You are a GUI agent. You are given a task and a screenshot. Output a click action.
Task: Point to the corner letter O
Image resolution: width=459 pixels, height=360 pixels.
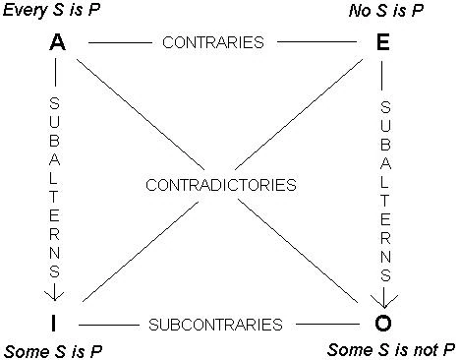pyautogui.click(x=384, y=323)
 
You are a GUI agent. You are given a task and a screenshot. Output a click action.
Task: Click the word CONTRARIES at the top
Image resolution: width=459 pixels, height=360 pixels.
pyautogui.click(x=214, y=43)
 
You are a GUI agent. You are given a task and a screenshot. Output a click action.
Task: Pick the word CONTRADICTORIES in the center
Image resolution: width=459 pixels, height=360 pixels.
pyautogui.click(x=219, y=185)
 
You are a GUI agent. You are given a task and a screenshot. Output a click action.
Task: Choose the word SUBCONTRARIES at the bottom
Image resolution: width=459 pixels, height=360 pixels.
pyautogui.click(x=216, y=324)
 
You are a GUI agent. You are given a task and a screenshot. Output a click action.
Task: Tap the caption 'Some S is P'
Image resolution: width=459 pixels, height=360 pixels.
pyautogui.click(x=54, y=350)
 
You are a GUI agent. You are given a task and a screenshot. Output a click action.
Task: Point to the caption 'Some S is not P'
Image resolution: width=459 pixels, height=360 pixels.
pyautogui.click(x=390, y=350)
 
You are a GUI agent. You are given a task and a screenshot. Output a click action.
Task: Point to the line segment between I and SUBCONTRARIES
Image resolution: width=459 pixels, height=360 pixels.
pyautogui.click(x=106, y=324)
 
